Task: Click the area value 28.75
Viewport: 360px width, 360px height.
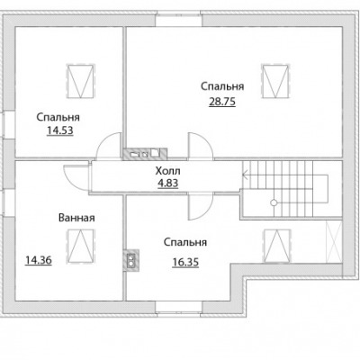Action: (222, 102)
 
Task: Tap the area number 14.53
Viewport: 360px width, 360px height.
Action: (60, 130)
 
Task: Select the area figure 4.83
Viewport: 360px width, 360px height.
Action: (168, 183)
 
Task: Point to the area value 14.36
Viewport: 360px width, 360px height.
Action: (39, 260)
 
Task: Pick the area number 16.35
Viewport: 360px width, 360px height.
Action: (185, 262)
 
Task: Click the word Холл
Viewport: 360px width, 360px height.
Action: (168, 171)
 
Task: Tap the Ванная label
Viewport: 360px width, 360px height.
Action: (76, 218)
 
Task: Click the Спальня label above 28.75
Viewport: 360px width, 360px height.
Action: (222, 86)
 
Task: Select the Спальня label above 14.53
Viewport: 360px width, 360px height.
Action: (58, 117)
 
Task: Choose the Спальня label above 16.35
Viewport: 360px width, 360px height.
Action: (185, 242)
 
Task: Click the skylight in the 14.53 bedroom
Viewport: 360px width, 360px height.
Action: (80, 80)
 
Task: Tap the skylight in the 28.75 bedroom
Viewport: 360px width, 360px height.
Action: (274, 80)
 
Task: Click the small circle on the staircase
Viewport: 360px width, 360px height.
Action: (274, 202)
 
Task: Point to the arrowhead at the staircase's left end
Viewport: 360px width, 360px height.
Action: (244, 174)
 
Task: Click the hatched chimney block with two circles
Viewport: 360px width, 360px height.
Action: (131, 260)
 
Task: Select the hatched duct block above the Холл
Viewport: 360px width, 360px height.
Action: (145, 154)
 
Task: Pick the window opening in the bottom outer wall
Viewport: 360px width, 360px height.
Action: (179, 308)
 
